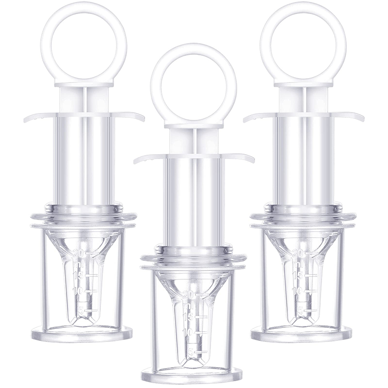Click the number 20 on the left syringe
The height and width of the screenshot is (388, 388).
(x=81, y=252)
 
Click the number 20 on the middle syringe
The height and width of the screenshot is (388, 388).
(x=190, y=294)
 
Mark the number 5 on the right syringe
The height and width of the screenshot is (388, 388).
(x=302, y=309)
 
